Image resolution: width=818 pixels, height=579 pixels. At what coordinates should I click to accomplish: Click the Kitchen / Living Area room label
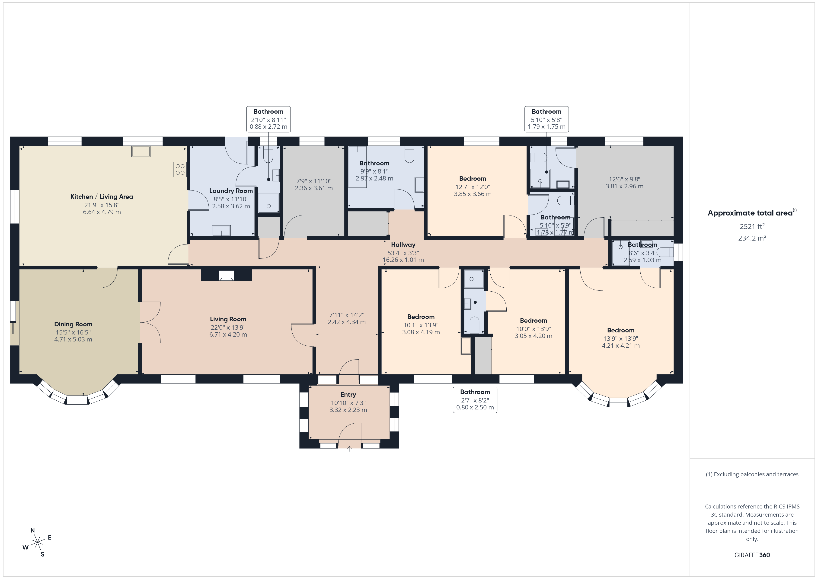[102, 196]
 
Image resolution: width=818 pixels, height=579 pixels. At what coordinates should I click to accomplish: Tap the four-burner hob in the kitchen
[180, 169]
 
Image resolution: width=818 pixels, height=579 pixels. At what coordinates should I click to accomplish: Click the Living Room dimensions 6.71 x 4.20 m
[228, 335]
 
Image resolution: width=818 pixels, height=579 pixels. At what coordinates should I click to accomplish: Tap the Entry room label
[348, 394]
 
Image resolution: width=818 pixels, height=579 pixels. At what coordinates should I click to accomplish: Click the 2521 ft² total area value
[752, 226]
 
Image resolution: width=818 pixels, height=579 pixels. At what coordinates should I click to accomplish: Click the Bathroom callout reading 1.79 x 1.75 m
[546, 119]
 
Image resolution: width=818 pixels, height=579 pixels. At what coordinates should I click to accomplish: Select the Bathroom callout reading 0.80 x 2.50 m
[475, 400]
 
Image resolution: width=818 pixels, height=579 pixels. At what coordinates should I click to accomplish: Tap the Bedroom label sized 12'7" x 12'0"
[473, 179]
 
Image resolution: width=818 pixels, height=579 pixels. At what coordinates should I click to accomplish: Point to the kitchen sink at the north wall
[141, 151]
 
